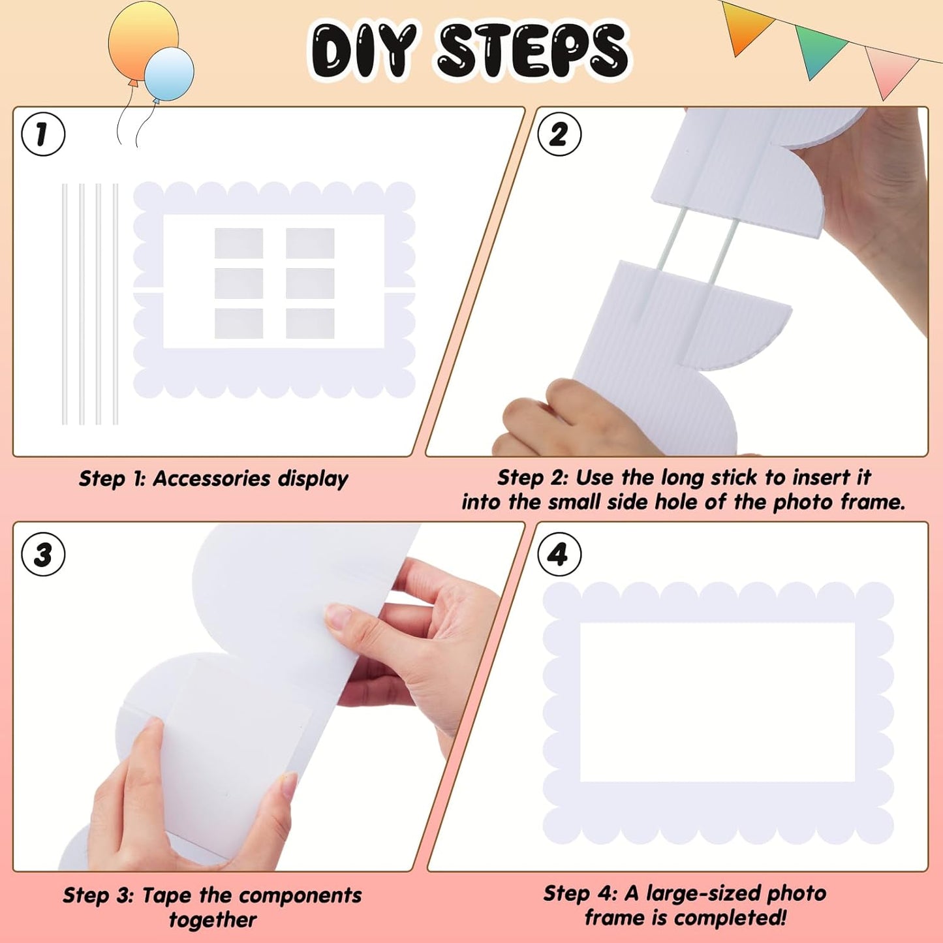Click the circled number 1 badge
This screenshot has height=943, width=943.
point(43,134)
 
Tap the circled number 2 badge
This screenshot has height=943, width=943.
point(559,134)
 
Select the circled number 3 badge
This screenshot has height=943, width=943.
point(43,555)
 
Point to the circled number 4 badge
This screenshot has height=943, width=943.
point(559,555)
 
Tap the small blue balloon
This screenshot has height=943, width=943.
point(169,74)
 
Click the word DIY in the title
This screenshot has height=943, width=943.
point(363,50)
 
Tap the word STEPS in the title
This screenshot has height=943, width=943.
point(532,50)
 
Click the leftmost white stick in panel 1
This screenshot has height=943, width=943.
point(65,303)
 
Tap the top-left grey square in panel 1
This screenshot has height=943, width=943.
point(239,243)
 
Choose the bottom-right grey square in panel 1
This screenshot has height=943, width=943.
point(310,324)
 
